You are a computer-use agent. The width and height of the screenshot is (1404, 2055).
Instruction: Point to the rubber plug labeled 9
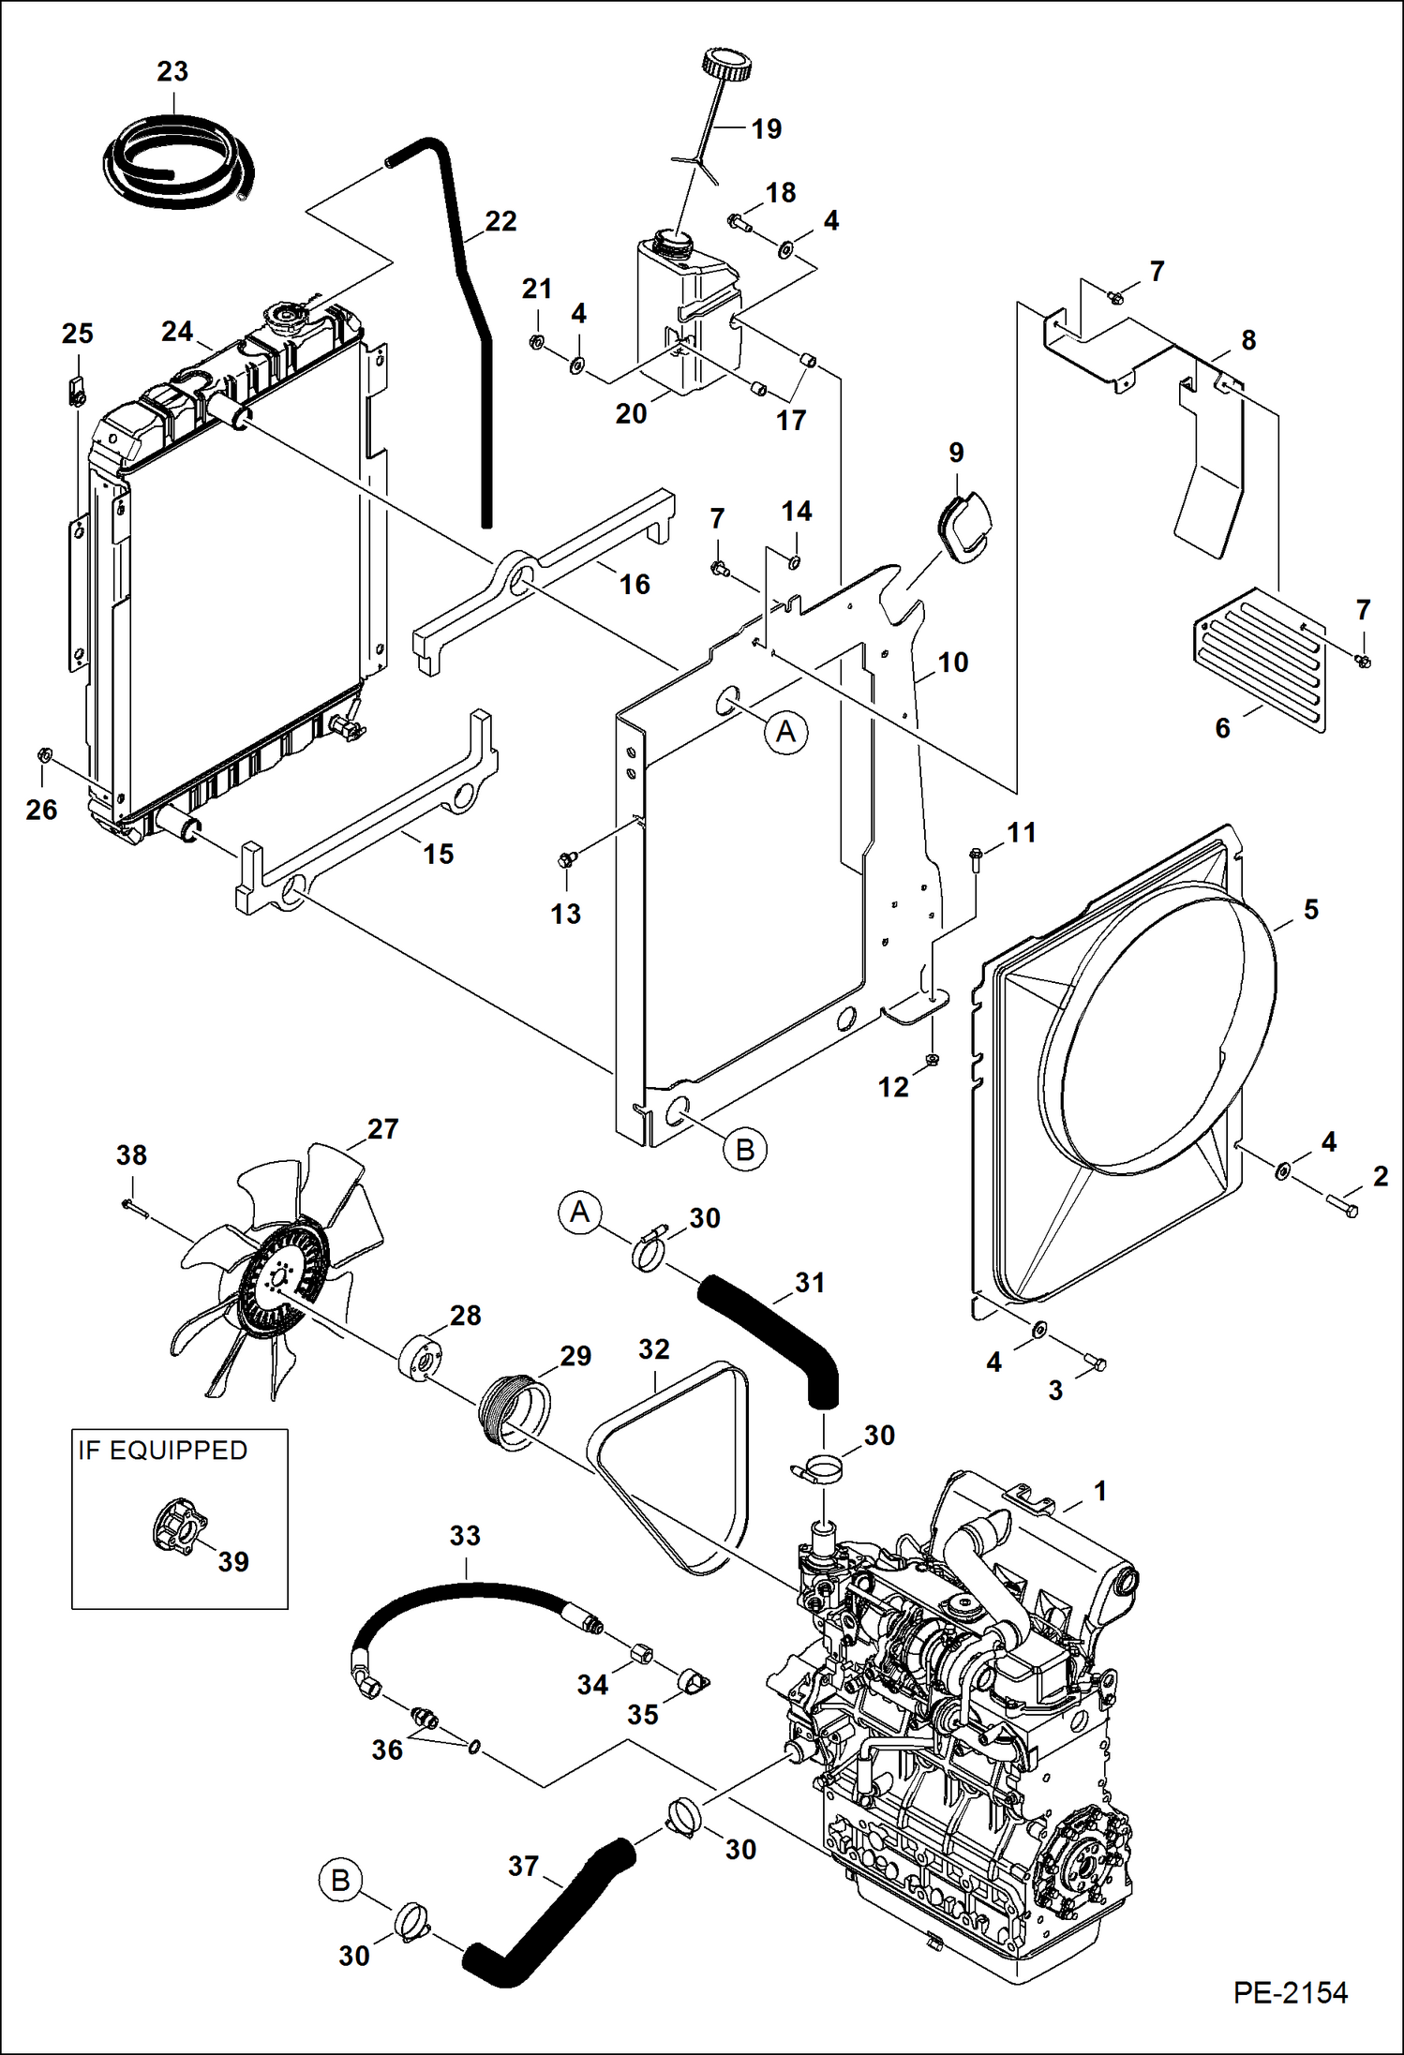point(963,527)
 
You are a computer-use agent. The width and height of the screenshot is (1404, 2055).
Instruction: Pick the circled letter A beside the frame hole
point(785,732)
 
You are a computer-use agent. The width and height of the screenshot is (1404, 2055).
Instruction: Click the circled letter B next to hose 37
point(340,1881)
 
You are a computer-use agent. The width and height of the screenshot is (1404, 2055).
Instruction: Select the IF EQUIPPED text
point(162,1451)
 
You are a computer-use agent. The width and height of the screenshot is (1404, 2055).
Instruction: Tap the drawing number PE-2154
point(1290,1991)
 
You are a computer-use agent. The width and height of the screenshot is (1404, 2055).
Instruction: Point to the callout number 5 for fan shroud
point(1310,909)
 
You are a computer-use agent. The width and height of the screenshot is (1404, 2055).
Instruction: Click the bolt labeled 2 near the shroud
point(1342,1206)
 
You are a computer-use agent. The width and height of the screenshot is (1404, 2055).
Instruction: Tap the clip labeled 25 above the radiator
point(76,389)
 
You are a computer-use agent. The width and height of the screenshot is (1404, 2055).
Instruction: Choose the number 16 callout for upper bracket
point(635,585)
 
